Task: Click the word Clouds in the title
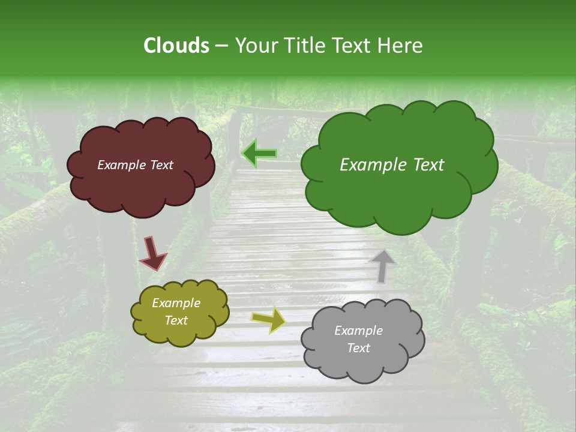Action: pyautogui.click(x=176, y=46)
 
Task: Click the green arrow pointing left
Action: pyautogui.click(x=260, y=154)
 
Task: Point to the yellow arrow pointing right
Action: pyautogui.click(x=268, y=320)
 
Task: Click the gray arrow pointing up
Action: pyautogui.click(x=382, y=266)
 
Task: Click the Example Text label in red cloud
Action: pyautogui.click(x=135, y=165)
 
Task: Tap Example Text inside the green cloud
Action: pyautogui.click(x=392, y=165)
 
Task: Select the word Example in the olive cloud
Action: pyautogui.click(x=176, y=303)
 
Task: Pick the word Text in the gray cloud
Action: pyautogui.click(x=358, y=348)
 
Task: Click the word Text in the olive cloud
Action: pyautogui.click(x=176, y=320)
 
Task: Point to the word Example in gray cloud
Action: pyautogui.click(x=358, y=331)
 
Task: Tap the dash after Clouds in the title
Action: pyautogui.click(x=221, y=46)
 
